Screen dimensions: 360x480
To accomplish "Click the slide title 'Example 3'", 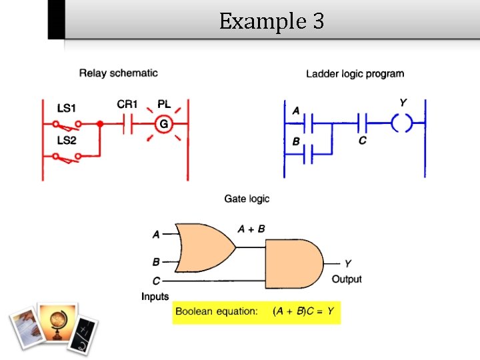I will point(271,21).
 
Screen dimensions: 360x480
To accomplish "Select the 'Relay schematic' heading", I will point(118,73).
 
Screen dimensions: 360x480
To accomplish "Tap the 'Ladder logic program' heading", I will point(355,73).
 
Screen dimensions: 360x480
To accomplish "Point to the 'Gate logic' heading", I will point(247,199).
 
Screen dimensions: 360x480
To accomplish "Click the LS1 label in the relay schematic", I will point(67,107).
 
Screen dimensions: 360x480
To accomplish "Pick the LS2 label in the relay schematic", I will point(67,140).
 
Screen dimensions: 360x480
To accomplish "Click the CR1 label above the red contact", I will point(127,104).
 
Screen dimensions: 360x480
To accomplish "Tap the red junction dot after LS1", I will point(99,124).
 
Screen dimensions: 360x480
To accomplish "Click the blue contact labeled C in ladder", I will point(363,123).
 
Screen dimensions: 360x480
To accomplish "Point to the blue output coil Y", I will point(401,123).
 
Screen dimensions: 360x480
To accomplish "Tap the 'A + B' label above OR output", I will point(251,229).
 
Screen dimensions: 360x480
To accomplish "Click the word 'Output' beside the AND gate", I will point(346,279).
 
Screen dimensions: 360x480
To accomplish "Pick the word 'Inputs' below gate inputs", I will point(155,296).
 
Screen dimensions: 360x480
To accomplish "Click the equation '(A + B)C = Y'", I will point(303,311).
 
